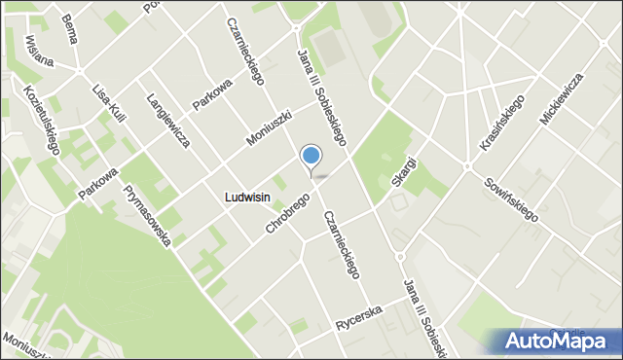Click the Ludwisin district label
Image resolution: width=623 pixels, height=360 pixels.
246,197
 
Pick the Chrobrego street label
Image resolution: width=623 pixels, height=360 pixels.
287,213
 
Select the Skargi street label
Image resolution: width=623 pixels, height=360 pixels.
403,172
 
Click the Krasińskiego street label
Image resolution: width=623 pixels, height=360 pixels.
502,123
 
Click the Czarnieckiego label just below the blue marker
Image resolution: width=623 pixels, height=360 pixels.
342,245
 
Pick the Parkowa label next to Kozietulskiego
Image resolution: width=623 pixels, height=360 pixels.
98,182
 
